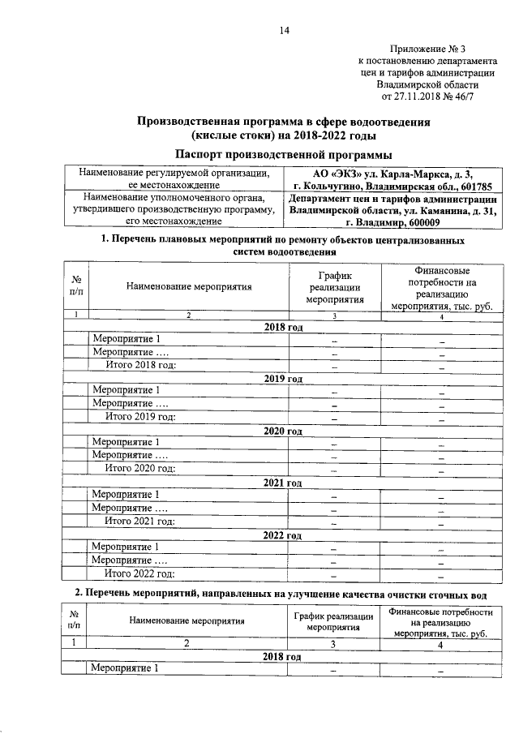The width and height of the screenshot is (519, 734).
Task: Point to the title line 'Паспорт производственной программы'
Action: pos(282,153)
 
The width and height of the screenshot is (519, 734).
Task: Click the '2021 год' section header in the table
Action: pos(282,483)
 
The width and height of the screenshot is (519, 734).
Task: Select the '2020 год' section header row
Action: pos(282,431)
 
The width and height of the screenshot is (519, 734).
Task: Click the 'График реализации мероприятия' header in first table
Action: pos(333,287)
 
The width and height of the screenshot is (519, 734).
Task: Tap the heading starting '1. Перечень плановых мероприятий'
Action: pos(282,246)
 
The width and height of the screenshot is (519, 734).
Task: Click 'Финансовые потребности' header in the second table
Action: pos(440,622)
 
